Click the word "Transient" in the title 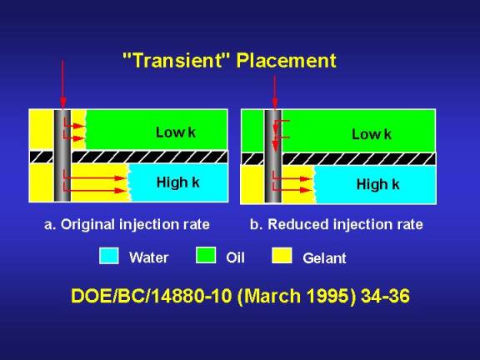tap(176, 60)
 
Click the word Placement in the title tap(286, 60)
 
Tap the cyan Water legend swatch tap(109, 256)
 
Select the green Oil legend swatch tap(206, 255)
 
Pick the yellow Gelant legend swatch tap(282, 255)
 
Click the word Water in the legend tap(149, 257)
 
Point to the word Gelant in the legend tap(324, 258)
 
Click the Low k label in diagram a tap(175, 132)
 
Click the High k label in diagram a tap(177, 182)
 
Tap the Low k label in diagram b tap(372, 134)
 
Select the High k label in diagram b tap(378, 184)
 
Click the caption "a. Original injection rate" tap(127, 224)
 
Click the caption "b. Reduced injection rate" tap(337, 224)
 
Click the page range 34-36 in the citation tap(385, 296)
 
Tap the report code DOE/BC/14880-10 tap(152, 296)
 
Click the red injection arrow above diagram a tap(63, 84)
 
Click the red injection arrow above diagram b tap(275, 92)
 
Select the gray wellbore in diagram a tap(62, 156)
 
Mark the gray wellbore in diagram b tap(273, 156)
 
